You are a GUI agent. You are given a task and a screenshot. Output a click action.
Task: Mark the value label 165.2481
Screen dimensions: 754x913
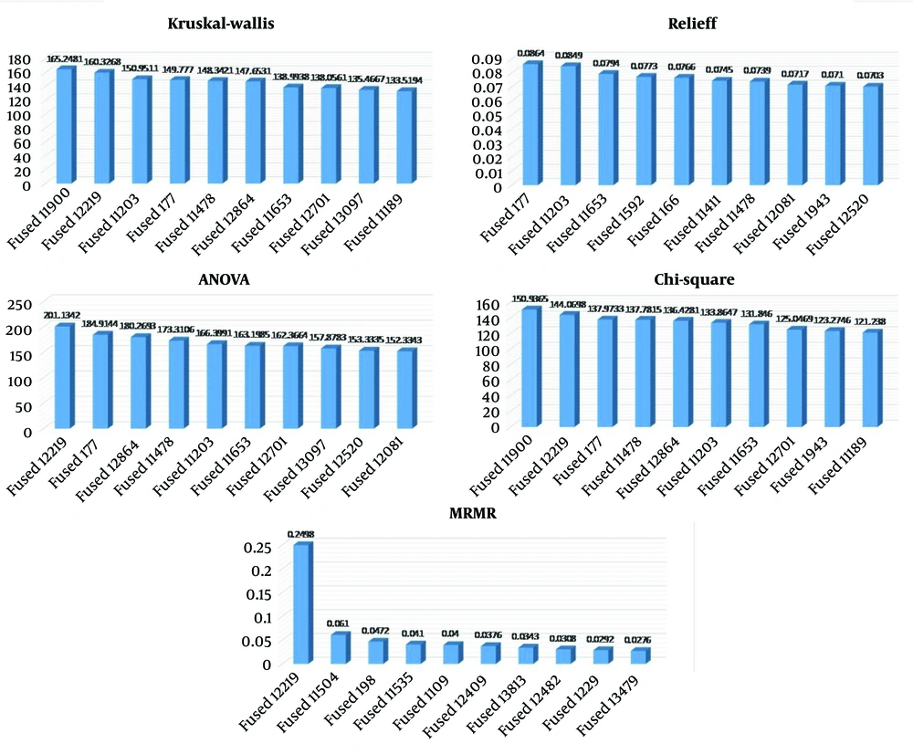[65, 58]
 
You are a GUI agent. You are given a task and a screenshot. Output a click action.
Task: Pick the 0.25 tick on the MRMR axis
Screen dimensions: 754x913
[258, 547]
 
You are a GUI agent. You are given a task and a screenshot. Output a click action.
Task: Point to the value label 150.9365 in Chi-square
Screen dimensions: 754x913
[530, 298]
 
